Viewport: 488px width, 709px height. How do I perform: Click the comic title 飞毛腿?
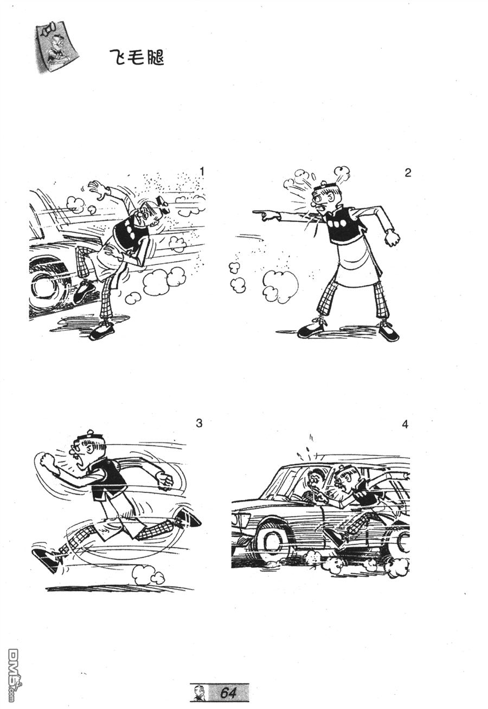(137, 58)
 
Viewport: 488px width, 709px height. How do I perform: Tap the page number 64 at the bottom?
(228, 693)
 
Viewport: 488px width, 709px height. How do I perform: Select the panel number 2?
(408, 173)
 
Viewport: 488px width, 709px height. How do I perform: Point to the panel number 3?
(199, 423)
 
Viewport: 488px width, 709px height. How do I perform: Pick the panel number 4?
(405, 424)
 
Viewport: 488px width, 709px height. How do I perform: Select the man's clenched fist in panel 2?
(392, 237)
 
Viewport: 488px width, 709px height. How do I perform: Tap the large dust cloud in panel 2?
(280, 284)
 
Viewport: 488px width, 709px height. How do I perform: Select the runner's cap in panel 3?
(90, 435)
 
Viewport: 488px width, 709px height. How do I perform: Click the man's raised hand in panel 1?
(98, 190)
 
